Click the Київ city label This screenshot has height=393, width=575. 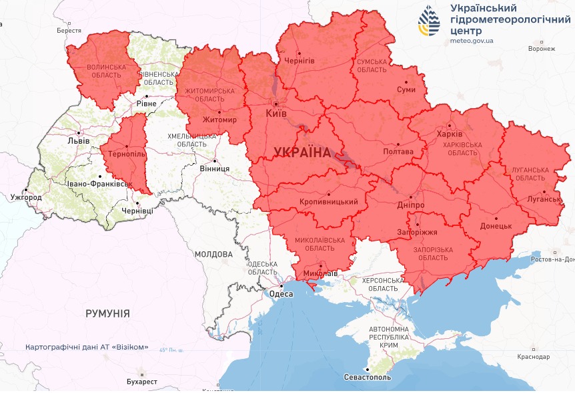(x=276, y=114)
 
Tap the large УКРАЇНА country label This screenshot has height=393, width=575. (x=302, y=152)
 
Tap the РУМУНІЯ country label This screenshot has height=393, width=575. (x=107, y=313)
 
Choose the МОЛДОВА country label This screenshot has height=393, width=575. (x=213, y=254)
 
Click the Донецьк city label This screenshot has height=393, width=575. (x=496, y=226)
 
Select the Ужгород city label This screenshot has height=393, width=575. (x=26, y=198)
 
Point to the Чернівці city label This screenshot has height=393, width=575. (x=137, y=211)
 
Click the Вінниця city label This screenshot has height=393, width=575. (x=214, y=168)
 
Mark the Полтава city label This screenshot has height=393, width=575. (x=398, y=152)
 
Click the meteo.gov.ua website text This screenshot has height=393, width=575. (x=472, y=41)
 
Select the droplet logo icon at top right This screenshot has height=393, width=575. (x=429, y=21)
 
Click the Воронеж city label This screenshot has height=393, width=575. (x=541, y=49)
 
